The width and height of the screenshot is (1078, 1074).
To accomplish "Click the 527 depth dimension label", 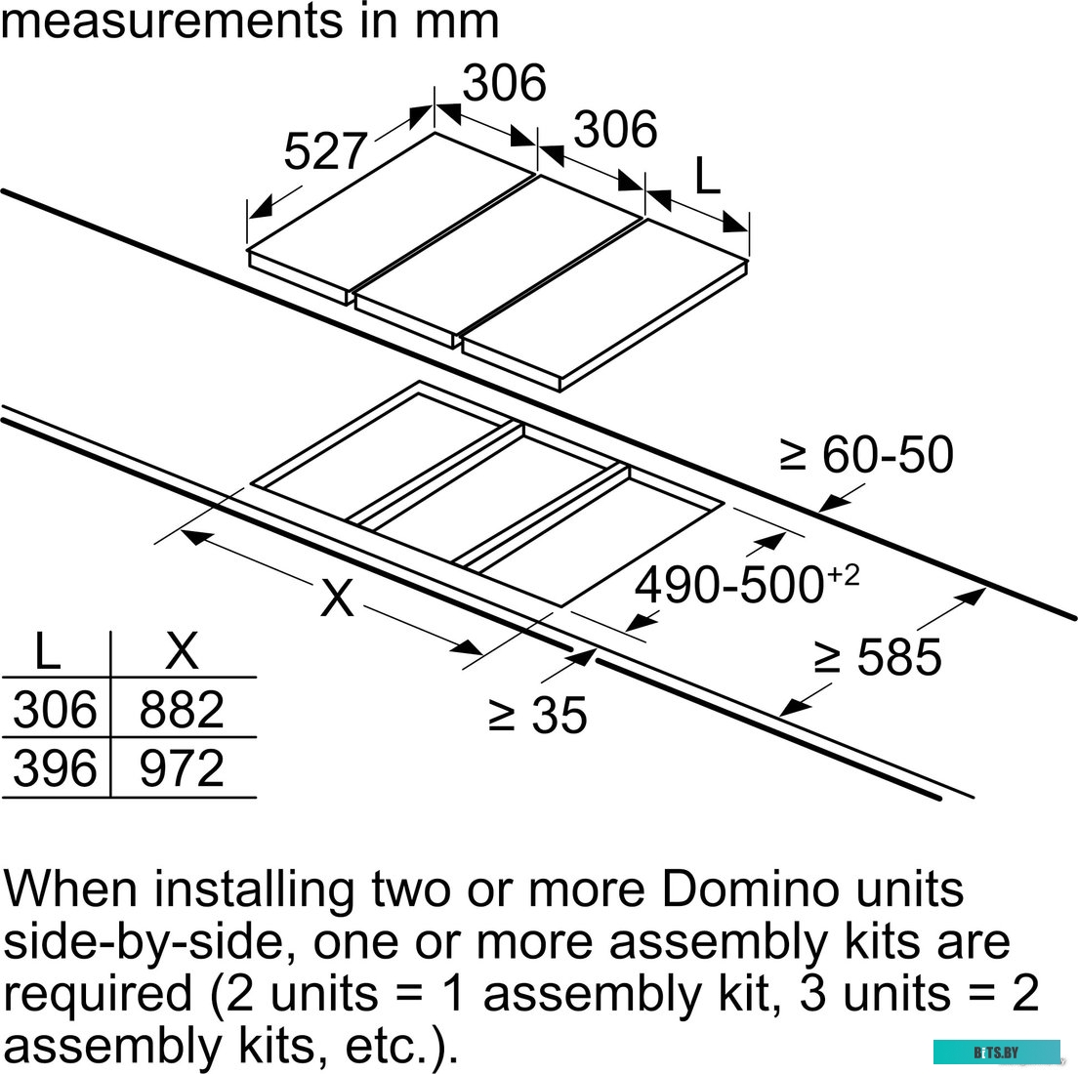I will click(324, 151).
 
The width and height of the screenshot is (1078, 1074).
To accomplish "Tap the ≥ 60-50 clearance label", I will click(866, 455).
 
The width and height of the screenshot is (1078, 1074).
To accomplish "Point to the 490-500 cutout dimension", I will click(746, 584).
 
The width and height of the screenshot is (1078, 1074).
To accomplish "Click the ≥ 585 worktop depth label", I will click(877, 657).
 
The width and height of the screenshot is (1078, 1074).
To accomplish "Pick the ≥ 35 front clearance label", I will click(538, 715).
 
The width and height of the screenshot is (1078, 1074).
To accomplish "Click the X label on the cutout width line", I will click(337, 598).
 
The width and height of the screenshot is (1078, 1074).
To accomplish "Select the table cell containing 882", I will click(182, 709).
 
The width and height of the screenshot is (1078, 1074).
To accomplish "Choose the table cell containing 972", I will click(182, 768).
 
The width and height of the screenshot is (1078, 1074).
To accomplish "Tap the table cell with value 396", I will click(56, 768).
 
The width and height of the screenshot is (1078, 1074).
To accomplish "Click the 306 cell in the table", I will click(56, 709).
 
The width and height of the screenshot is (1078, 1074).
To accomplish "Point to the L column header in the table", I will click(47, 651).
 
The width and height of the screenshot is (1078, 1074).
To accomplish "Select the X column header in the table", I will click(182, 651).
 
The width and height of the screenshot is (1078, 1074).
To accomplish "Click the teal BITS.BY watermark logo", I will click(995, 1052).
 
